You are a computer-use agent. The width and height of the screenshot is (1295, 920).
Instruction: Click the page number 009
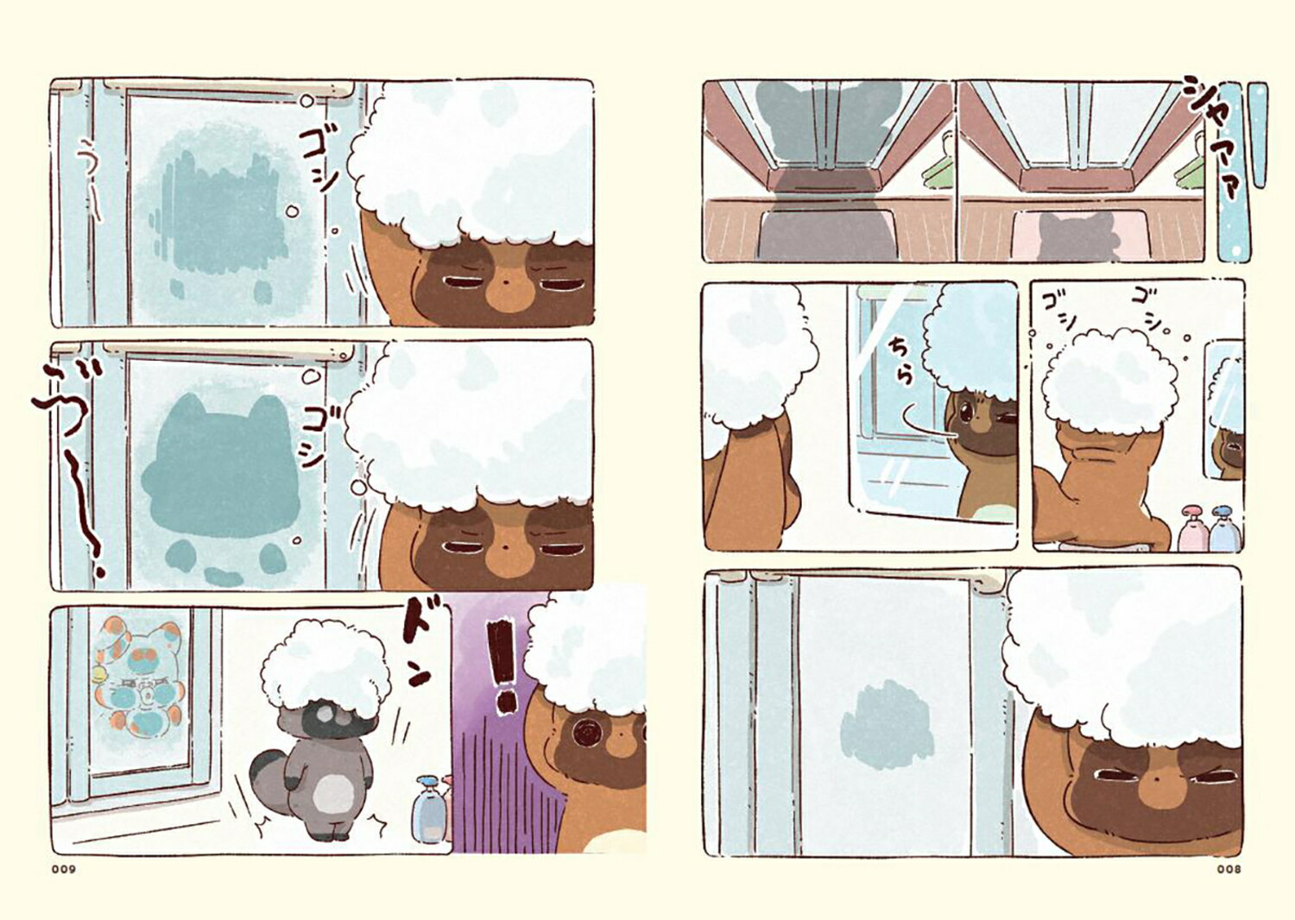coord(64,869)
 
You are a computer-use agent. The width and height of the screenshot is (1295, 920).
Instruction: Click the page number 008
coord(1229,869)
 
